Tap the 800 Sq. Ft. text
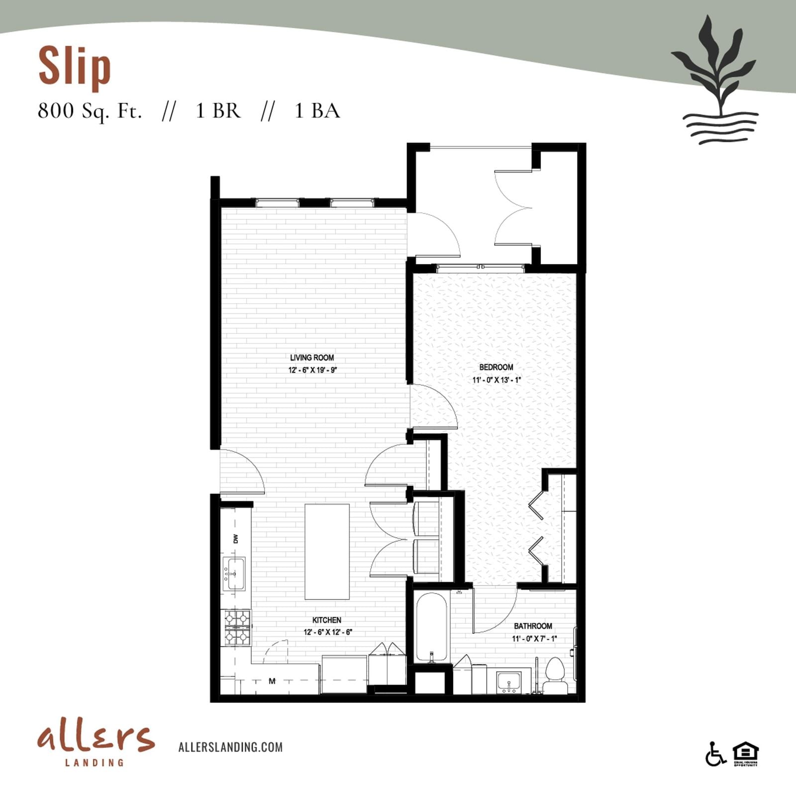tap(90, 110)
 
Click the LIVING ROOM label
tap(312, 357)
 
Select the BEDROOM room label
tap(496, 367)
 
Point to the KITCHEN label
tap(326, 620)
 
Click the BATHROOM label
tap(533, 626)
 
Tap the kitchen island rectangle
tap(327, 552)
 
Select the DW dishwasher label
tap(235, 538)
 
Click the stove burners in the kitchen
tap(236, 627)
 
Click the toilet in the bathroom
tap(554, 676)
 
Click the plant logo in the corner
tap(715, 80)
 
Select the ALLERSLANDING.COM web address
tap(230, 747)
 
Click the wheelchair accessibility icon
tap(715, 754)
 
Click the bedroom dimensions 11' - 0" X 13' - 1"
tap(496, 380)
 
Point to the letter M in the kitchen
tap(272, 681)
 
